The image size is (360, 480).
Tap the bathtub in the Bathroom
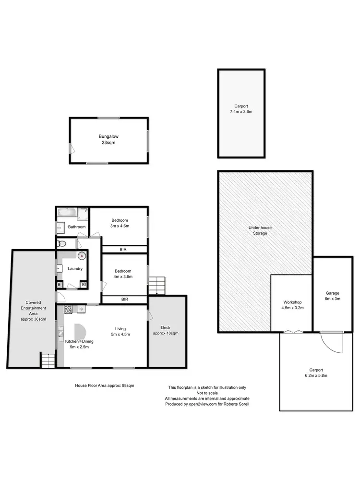(67, 212)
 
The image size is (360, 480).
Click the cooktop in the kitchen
(68, 310)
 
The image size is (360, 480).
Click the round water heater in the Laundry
(82, 256)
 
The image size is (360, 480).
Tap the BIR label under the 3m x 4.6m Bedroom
(125, 249)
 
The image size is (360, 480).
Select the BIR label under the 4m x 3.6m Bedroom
(125, 299)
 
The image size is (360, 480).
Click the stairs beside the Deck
(156, 286)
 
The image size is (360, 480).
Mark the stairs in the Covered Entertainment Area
(48, 360)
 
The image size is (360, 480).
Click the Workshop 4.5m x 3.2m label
(292, 305)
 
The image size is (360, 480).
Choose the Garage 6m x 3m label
(332, 296)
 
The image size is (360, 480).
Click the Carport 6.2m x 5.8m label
(315, 373)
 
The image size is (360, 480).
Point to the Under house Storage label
(257, 230)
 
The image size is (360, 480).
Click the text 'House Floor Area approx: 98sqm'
(104, 385)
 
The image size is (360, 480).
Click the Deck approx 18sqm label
(165, 330)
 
